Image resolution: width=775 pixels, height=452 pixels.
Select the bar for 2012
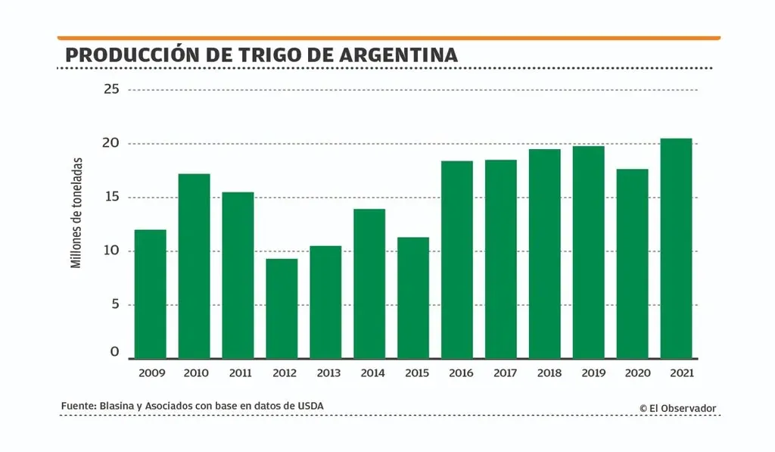click(282, 308)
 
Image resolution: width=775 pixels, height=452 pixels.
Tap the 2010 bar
click(194, 266)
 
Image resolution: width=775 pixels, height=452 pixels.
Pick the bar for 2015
click(413, 298)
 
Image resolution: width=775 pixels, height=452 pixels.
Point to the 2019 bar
click(589, 252)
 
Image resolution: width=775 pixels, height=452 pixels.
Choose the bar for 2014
click(369, 283)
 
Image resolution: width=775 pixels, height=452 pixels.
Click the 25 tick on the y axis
click(112, 89)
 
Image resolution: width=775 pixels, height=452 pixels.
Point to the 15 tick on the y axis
click(112, 198)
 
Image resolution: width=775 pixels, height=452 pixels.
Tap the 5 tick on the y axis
click(115, 305)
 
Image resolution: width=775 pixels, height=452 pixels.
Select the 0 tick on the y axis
click(115, 352)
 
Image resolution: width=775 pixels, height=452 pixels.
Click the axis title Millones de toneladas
click(76, 213)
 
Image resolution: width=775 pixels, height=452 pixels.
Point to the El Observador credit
click(677, 408)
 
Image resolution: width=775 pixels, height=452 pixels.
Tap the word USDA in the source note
click(310, 407)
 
